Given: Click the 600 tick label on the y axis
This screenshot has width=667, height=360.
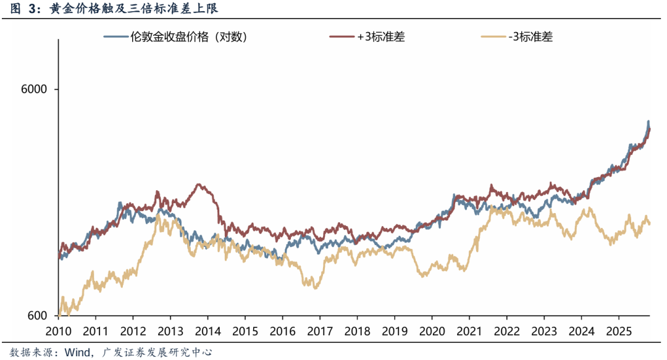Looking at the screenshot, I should click(x=38, y=316).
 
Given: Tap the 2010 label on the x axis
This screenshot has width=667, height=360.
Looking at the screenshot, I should click(x=58, y=330).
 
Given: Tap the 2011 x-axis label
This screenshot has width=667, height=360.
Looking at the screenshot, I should click(x=95, y=330).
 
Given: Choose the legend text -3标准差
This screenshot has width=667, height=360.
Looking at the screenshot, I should click(x=530, y=36).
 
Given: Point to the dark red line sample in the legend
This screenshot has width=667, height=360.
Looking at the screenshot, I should click(x=340, y=36).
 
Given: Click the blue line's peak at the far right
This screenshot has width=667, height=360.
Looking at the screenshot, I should click(x=648, y=122).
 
